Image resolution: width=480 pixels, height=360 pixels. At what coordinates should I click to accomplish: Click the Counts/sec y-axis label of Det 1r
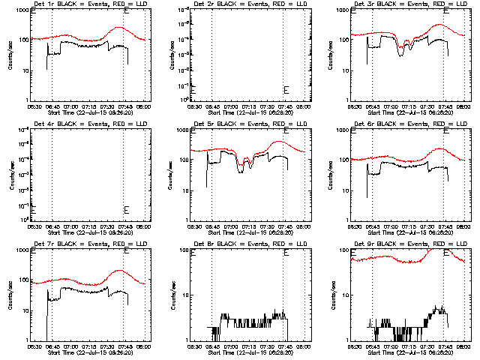[10, 55]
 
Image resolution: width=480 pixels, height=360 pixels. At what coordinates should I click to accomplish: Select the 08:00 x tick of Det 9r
[463, 346]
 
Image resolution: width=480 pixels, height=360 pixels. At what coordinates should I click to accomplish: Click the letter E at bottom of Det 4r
[126, 209]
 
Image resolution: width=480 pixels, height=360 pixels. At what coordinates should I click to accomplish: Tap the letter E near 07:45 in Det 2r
[286, 90]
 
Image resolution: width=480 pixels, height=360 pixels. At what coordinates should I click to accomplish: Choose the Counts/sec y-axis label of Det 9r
[330, 295]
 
